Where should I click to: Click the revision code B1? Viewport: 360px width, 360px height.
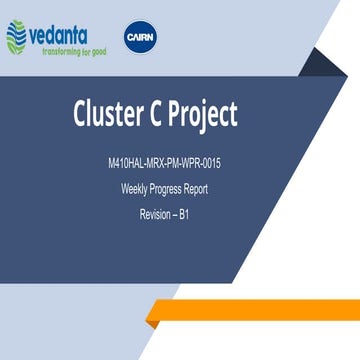click(185, 214)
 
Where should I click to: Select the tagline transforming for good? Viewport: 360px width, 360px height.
click(66, 48)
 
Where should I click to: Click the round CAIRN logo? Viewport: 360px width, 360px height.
click(138, 36)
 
